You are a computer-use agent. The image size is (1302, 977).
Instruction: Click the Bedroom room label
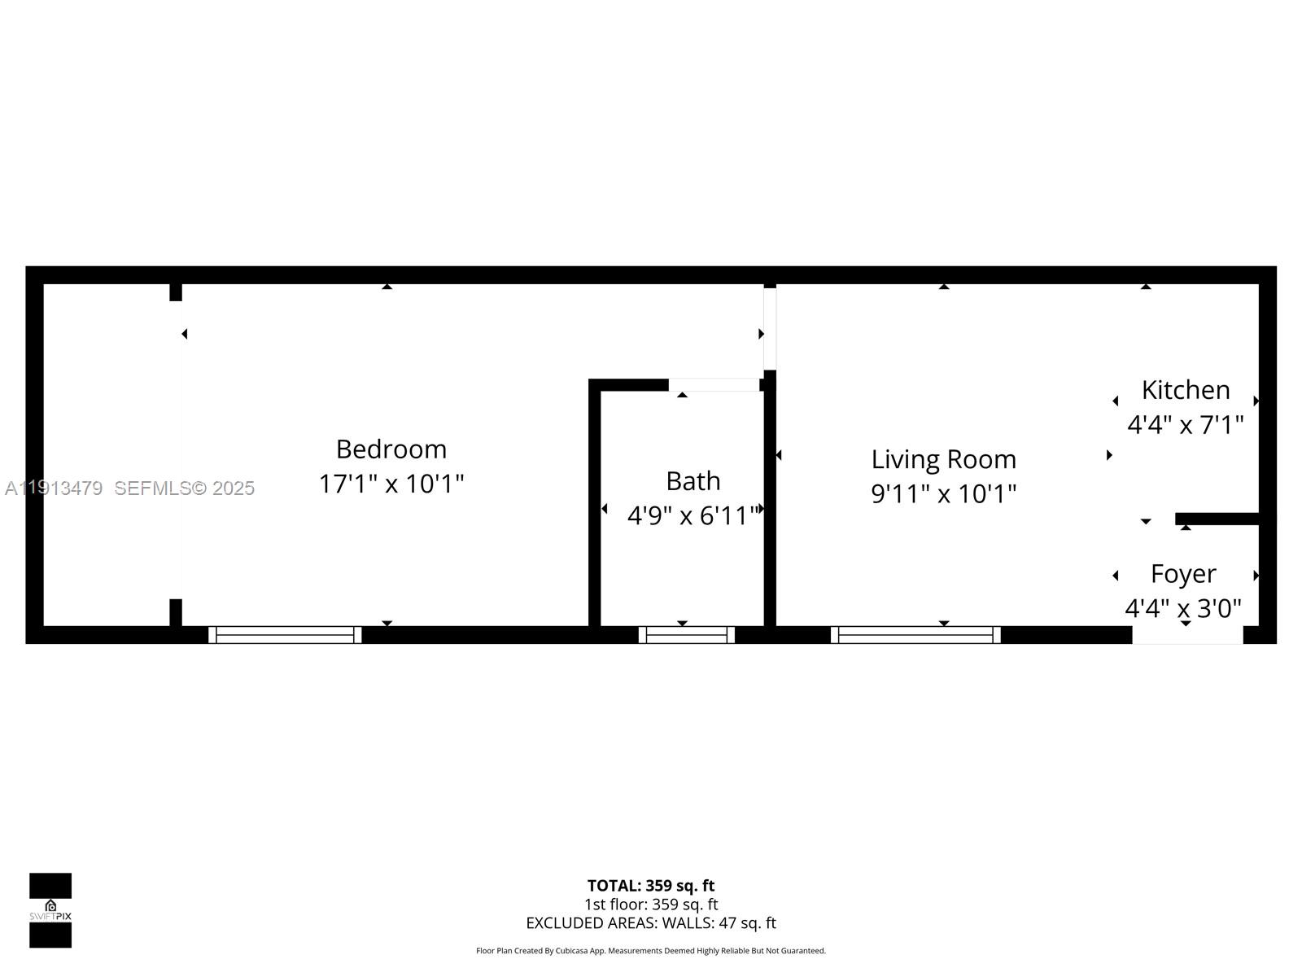[391, 449]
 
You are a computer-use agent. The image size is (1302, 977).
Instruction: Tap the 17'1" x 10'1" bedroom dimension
[391, 484]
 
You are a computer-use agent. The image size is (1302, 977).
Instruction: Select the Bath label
[693, 481]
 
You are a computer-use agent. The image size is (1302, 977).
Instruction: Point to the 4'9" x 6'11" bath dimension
[693, 515]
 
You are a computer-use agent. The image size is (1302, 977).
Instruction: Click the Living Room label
[943, 459]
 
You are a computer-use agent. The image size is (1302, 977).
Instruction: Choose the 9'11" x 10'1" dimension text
[943, 493]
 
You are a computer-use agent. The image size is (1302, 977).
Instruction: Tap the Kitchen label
[1185, 390]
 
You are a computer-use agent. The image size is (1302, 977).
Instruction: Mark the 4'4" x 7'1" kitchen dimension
[1185, 424]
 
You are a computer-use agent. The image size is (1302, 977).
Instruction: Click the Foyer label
[1182, 574]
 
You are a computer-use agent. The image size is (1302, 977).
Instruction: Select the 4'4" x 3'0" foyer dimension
[1182, 608]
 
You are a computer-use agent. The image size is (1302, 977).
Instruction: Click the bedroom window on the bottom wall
[285, 635]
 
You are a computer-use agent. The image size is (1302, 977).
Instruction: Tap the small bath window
[686, 635]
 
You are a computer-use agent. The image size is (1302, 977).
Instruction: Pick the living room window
[915, 635]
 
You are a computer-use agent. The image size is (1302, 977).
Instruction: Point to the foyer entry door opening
[1187, 635]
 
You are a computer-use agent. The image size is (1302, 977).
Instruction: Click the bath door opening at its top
[714, 385]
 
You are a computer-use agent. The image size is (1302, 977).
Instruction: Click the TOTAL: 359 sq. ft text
[650, 886]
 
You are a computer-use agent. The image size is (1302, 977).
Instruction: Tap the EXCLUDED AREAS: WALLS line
[650, 923]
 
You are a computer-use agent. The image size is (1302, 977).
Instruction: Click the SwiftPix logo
[50, 910]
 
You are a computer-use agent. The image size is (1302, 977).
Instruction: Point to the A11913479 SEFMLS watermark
[130, 488]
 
